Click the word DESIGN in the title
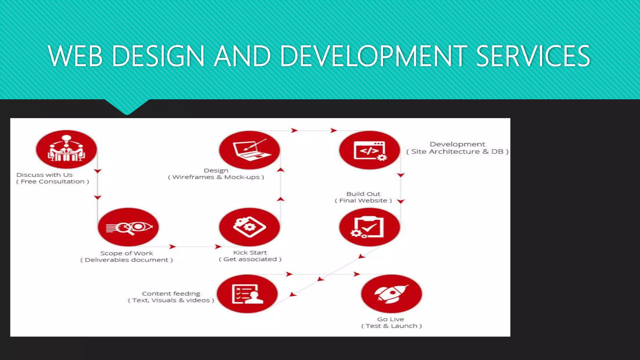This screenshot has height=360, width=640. pyautogui.click(x=158, y=56)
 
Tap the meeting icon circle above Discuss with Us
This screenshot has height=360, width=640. pyautogui.click(x=66, y=149)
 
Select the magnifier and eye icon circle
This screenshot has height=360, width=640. pyautogui.click(x=128, y=227)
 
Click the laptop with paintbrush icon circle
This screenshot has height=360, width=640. pyautogui.click(x=249, y=150)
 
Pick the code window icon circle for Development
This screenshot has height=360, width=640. pyautogui.click(x=369, y=150)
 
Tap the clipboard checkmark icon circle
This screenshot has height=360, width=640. pyautogui.click(x=369, y=227)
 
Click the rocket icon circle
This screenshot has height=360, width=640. pyautogui.click(x=391, y=293)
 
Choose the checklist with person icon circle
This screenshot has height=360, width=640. pyautogui.click(x=247, y=294)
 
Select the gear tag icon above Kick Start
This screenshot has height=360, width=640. pyautogui.click(x=249, y=227)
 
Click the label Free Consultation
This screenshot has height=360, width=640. pyautogui.click(x=53, y=182)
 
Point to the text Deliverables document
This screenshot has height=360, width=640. pyautogui.click(x=127, y=260)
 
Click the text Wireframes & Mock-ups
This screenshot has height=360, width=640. pyautogui.click(x=216, y=177)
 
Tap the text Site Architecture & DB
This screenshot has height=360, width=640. pyautogui.click(x=457, y=152)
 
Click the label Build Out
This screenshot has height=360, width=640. pyautogui.click(x=363, y=194)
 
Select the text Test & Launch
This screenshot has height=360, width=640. pyautogui.click(x=391, y=326)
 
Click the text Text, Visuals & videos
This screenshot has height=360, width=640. pyautogui.click(x=171, y=300)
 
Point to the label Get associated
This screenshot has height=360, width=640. pyautogui.click(x=250, y=259)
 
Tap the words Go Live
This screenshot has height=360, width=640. pyautogui.click(x=390, y=319)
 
